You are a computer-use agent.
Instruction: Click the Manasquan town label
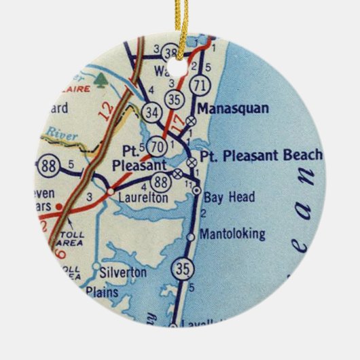pos(232,108)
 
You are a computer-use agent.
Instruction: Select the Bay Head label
pos(230,198)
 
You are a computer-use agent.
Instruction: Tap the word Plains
pos(102,293)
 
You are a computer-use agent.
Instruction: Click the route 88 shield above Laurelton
pos(160,181)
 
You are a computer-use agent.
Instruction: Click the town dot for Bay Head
pos(196,191)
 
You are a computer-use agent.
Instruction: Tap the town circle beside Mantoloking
pos(192,236)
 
